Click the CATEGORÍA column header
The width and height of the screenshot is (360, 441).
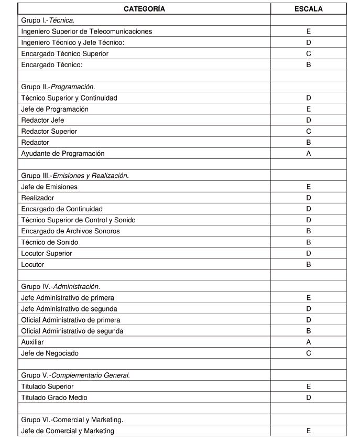click(x=144, y=9)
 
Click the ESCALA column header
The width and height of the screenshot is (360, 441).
click(x=309, y=9)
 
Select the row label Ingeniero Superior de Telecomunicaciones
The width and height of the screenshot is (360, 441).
click(x=86, y=31)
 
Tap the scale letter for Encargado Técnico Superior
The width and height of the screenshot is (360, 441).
click(x=309, y=53)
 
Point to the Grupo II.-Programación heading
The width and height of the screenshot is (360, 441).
click(x=58, y=87)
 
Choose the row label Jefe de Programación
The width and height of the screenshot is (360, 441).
click(x=54, y=109)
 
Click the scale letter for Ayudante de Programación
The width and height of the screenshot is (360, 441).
click(x=309, y=154)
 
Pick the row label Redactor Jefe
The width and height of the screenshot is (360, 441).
click(x=42, y=120)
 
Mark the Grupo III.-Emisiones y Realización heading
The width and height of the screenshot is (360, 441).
click(x=75, y=176)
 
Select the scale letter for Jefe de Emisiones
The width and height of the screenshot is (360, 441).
click(x=309, y=187)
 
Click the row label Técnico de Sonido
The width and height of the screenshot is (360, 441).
click(x=49, y=242)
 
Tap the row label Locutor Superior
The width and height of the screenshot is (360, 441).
click(x=47, y=253)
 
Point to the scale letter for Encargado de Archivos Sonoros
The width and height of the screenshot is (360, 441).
click(x=309, y=231)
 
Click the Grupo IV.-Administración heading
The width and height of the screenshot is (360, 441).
click(x=60, y=287)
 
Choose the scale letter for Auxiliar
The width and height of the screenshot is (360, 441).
click(x=309, y=342)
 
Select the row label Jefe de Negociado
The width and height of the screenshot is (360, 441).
click(x=50, y=353)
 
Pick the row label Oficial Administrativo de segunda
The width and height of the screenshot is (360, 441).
click(x=72, y=331)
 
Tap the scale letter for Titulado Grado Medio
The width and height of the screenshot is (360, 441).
click(x=309, y=397)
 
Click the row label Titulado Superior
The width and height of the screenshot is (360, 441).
click(x=47, y=386)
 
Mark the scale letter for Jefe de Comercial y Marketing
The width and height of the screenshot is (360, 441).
click(x=309, y=431)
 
